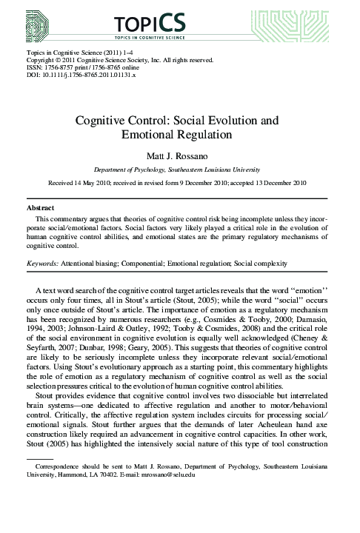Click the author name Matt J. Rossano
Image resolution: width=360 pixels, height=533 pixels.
pos(179,155)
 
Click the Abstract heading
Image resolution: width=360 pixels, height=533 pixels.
pos(41,209)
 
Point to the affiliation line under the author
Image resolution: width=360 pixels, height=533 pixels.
pos(179,169)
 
